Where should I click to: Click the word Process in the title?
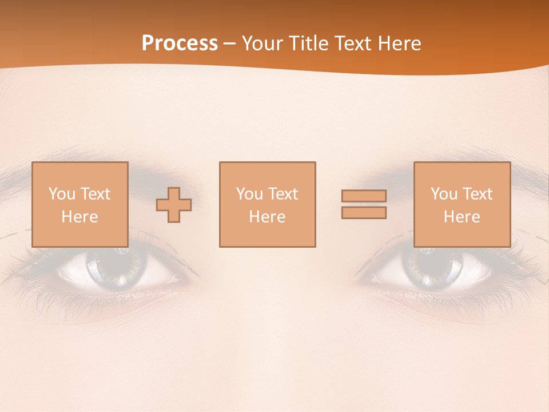point(180,43)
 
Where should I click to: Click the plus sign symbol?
point(174,205)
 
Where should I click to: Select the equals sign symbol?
point(364,204)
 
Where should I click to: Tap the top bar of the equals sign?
point(364,196)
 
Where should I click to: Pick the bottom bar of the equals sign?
point(364,213)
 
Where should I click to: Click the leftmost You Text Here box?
point(80,204)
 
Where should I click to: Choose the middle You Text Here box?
point(267,204)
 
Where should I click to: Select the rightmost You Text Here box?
point(462,204)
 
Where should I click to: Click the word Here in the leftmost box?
point(79,217)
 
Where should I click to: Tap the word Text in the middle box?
point(282,194)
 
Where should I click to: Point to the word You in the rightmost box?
point(444,194)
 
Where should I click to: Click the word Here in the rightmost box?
point(462,217)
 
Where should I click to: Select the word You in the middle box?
point(249,194)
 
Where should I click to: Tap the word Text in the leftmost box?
point(94,194)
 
